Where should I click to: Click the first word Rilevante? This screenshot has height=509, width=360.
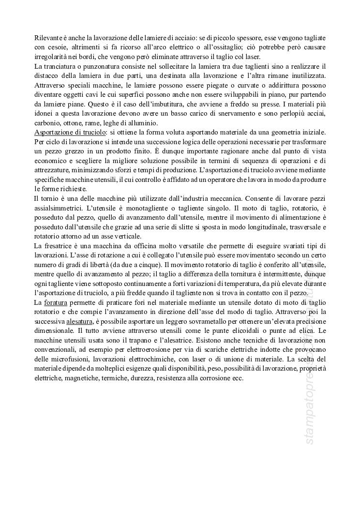click(48, 38)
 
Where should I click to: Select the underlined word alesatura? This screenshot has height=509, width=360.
click(80, 322)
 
